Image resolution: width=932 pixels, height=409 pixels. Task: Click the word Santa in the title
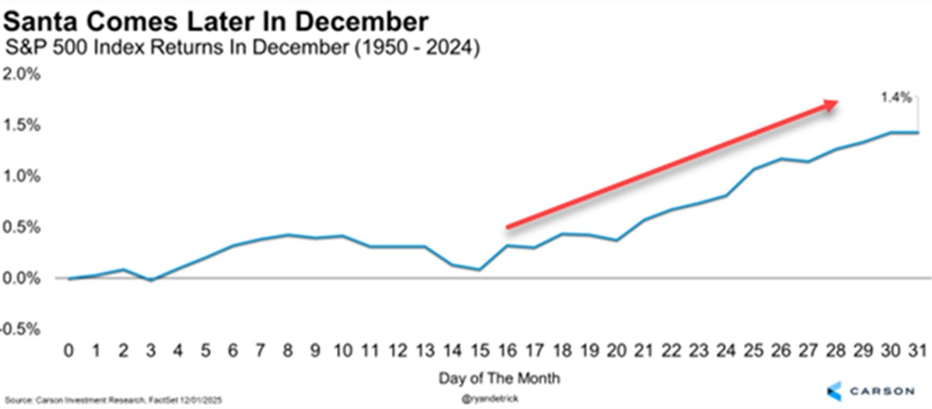[41, 22]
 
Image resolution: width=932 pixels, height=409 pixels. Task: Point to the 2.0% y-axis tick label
[22, 74]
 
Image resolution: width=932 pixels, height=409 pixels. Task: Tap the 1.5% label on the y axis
[22, 125]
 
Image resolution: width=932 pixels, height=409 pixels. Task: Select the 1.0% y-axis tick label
[22, 176]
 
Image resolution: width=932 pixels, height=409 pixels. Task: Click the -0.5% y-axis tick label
[20, 329]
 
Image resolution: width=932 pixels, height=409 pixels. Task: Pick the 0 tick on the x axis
[68, 351]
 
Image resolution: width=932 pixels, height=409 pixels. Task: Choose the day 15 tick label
[479, 351]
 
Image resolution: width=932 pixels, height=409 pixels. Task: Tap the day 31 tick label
[917, 351]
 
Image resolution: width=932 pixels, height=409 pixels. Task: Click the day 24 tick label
[726, 351]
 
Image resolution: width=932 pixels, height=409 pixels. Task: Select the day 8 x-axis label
[287, 351]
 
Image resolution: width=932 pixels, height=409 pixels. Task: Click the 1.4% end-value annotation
[896, 97]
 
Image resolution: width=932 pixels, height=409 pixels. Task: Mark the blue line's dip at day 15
[479, 269]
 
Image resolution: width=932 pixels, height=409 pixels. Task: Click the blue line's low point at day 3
[150, 280]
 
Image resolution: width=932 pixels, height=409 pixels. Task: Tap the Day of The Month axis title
[499, 378]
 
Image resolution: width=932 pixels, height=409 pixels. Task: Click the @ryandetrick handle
[490, 399]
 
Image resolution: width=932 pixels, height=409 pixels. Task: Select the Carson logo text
[882, 391]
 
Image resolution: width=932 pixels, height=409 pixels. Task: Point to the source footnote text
[113, 400]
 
